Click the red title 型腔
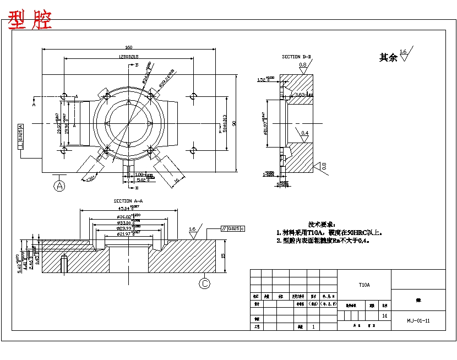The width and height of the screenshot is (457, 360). coord(30,20)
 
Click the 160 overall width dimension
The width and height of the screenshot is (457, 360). coord(128,47)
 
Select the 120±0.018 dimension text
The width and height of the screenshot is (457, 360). coord(128,57)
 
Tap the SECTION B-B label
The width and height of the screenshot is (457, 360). coord(296,57)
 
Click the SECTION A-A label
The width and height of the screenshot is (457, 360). coord(128,201)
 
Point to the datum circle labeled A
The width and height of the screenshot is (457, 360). coord(59,186)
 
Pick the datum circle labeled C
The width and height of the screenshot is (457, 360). coord(205,283)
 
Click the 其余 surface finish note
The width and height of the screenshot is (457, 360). coord(388,57)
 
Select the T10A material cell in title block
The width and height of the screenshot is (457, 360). coord(364,285)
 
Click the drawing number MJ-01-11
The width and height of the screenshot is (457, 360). coord(418,320)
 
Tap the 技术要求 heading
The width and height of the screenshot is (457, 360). coord(322,225)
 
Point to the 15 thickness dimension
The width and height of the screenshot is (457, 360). coord(222,255)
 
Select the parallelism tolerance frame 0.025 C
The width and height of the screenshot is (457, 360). coord(233,228)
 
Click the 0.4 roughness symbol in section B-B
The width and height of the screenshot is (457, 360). coord(304,133)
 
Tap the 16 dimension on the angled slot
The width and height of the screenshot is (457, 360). coord(177,179)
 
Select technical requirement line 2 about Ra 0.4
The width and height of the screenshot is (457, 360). coord(322,241)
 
